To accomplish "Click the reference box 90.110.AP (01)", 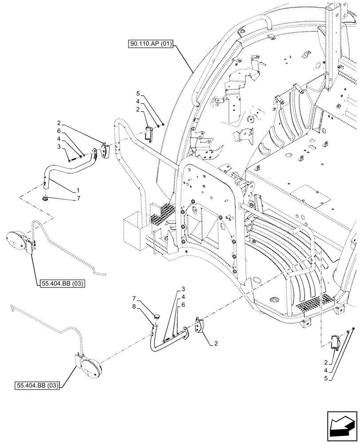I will point(151,43).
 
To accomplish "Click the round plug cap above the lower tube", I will point(156,316).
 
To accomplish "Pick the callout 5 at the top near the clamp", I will point(138,94).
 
